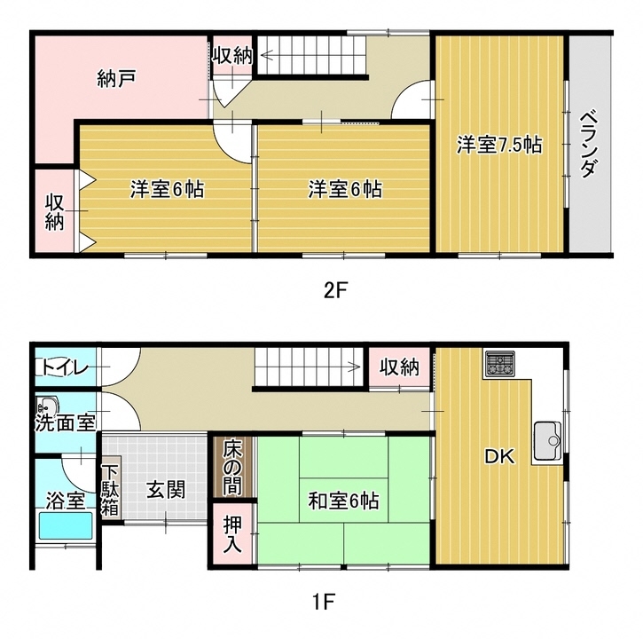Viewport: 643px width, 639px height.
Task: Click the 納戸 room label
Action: pyautogui.click(x=116, y=78)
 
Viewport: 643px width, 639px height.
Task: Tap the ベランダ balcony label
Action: pyautogui.click(x=589, y=143)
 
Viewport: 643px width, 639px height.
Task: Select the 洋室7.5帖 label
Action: pyautogui.click(x=499, y=145)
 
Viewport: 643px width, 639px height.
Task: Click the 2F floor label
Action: pyautogui.click(x=335, y=291)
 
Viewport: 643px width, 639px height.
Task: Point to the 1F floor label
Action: pyautogui.click(x=324, y=602)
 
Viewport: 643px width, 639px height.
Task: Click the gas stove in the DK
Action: pyautogui.click(x=499, y=364)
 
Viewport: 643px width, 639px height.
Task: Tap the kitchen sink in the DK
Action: pyautogui.click(x=548, y=441)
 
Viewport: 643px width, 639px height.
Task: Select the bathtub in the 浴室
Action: pyautogui.click(x=66, y=525)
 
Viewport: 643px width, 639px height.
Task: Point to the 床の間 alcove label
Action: pyautogui.click(x=232, y=468)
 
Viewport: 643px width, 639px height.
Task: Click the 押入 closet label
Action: pyautogui.click(x=232, y=533)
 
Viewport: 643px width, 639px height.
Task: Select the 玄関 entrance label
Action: pyautogui.click(x=166, y=489)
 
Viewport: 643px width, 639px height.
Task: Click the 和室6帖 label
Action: pyautogui.click(x=343, y=501)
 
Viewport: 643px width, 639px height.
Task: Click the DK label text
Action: pyautogui.click(x=499, y=456)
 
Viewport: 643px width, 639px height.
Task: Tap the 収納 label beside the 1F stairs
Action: pyautogui.click(x=399, y=367)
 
